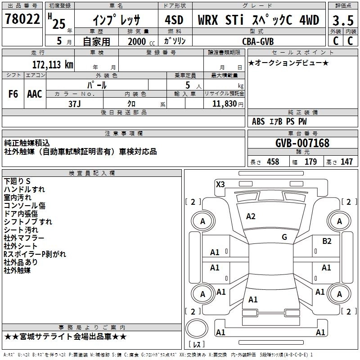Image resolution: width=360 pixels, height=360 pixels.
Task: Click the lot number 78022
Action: [22, 19]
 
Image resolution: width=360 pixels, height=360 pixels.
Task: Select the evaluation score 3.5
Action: [342, 20]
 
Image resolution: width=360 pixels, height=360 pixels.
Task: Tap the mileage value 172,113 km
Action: [53, 64]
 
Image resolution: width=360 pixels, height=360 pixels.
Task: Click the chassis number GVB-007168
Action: [302, 143]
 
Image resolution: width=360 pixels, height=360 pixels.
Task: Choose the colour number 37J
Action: [74, 103]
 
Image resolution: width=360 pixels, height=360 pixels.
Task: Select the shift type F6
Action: [13, 94]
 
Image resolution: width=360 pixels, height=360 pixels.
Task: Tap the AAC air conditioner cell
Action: [35, 94]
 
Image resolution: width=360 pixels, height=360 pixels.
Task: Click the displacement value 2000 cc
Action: [137, 41]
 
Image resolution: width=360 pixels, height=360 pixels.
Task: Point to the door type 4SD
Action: [174, 20]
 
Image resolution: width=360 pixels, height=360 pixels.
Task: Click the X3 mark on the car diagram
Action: [220, 184]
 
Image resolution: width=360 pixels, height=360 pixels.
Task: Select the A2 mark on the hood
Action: [251, 216]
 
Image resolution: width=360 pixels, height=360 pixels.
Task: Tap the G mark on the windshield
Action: [284, 237]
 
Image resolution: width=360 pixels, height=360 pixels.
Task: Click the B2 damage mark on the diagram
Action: [327, 241]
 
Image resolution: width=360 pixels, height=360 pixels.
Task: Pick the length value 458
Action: [273, 162]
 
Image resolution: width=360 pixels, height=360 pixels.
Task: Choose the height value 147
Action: [346, 162]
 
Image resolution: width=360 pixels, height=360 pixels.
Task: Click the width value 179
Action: [311, 162]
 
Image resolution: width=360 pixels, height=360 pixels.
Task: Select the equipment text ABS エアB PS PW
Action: [279, 121]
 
